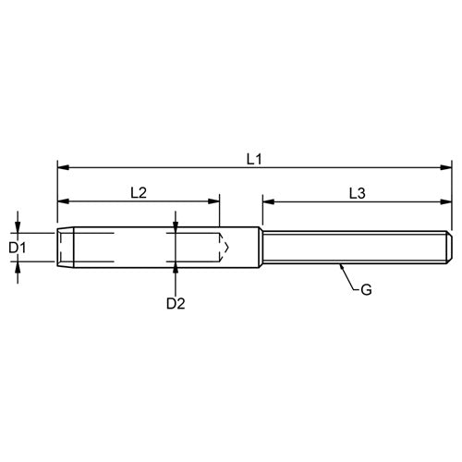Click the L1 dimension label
point(253,159)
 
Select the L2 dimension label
point(139,193)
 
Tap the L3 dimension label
point(358,193)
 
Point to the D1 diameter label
point(17,248)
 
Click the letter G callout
point(366,290)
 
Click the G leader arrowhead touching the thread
point(341,266)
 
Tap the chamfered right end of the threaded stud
point(450,247)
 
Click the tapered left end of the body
point(60,247)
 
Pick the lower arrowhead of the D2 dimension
point(176,269)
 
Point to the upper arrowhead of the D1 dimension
point(18,225)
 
